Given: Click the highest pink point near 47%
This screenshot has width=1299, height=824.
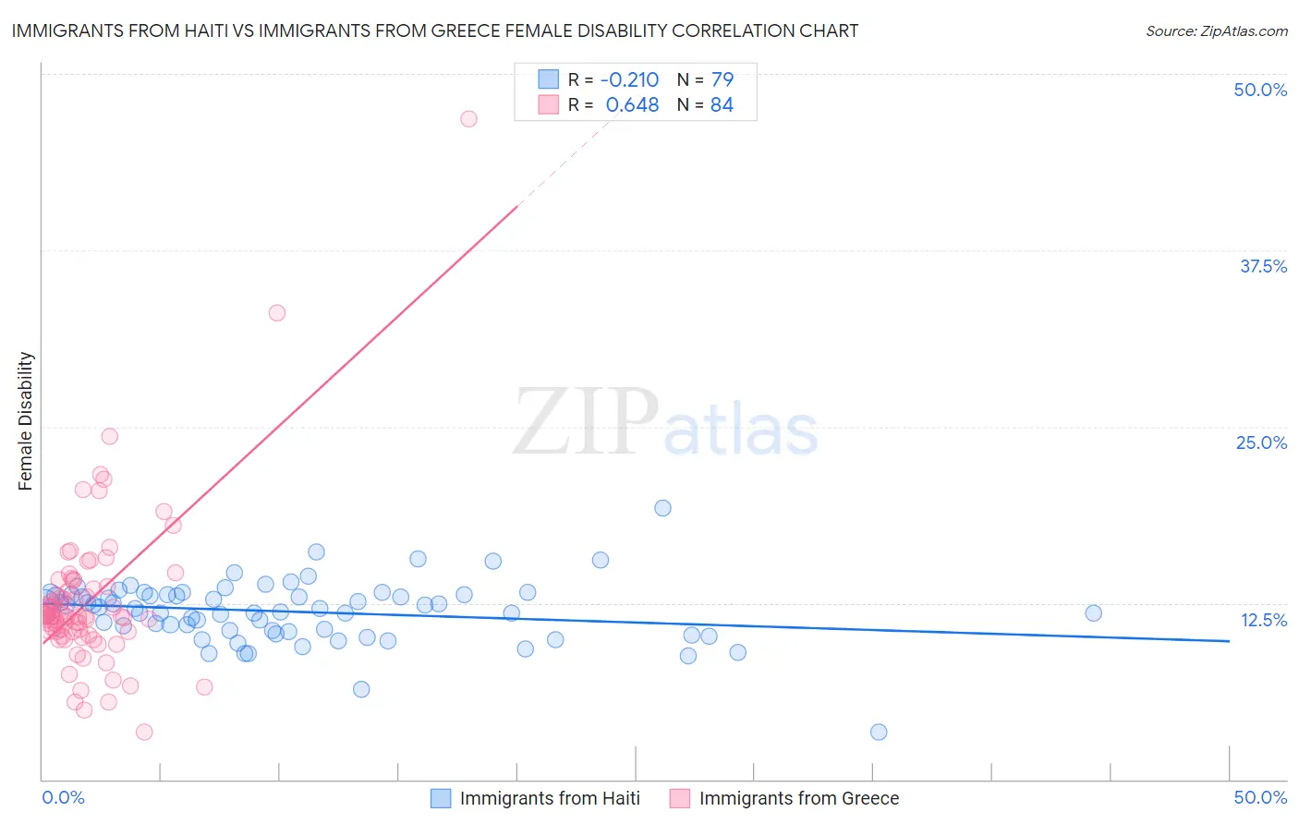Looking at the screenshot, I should click(468, 118).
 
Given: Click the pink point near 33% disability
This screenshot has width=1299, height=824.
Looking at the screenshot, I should click(277, 312).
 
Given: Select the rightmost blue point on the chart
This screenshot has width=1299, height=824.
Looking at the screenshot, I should click(1093, 612).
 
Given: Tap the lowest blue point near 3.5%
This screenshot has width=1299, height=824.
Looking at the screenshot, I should click(879, 732).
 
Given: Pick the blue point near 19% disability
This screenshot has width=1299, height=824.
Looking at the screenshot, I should click(662, 507).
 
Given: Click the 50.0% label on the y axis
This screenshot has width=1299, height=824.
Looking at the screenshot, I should click(1260, 90).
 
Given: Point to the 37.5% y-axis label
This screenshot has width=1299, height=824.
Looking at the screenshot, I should click(1263, 266).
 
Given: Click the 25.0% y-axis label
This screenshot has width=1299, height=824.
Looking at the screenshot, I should click(1261, 442).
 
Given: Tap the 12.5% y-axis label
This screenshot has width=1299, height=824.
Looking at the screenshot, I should click(1263, 620).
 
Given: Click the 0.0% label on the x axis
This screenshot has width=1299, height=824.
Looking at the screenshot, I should click(63, 797).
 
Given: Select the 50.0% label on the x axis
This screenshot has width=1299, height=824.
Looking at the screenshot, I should click(1260, 797).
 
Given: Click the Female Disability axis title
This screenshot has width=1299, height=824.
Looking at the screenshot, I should click(26, 420).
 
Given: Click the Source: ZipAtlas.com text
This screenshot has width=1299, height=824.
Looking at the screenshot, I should click(1216, 30).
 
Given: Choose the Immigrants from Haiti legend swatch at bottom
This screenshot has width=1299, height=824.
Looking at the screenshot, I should click(441, 798).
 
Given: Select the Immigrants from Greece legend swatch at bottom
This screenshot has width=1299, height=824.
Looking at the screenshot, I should click(680, 798).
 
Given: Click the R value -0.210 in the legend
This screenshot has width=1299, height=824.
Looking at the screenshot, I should click(629, 79).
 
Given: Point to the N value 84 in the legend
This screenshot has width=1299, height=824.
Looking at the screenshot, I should click(722, 104).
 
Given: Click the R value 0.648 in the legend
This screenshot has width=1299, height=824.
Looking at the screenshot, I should click(632, 104).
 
